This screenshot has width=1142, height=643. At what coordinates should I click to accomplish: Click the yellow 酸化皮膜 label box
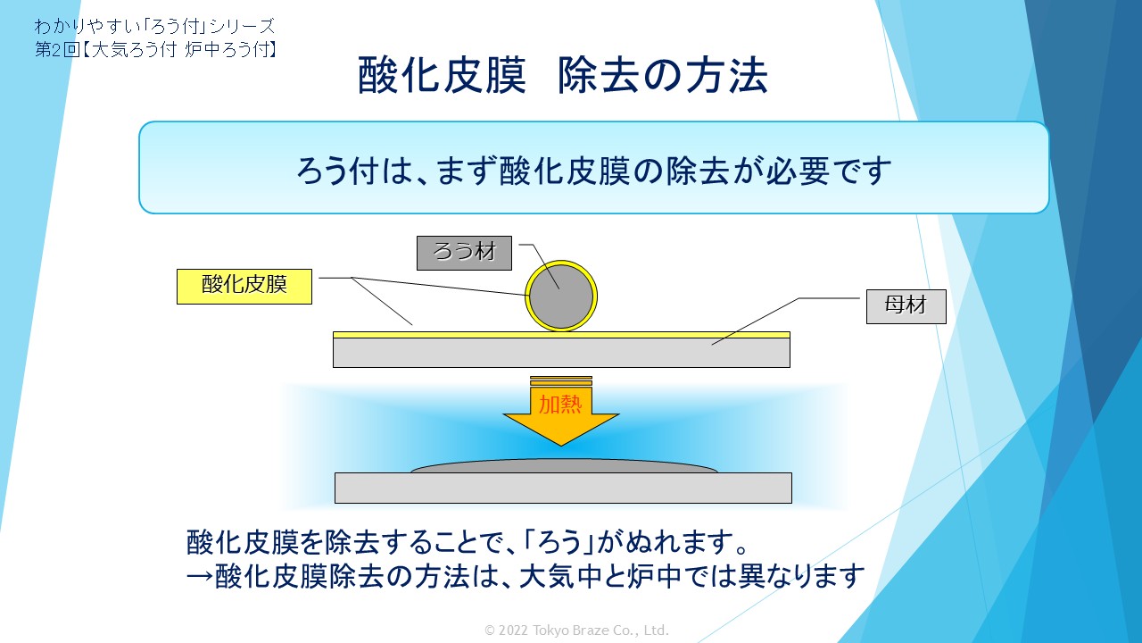[x=244, y=287]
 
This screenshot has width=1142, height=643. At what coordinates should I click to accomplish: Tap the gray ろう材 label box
[x=464, y=253]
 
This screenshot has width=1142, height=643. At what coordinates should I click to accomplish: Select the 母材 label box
[x=906, y=306]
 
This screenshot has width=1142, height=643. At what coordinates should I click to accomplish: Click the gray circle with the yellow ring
[x=561, y=296]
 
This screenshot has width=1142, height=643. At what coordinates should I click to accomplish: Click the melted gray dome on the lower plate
[x=565, y=466]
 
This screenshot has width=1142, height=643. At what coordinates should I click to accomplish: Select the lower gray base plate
[x=563, y=488]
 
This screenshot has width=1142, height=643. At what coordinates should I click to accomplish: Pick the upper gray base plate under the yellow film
[x=561, y=353]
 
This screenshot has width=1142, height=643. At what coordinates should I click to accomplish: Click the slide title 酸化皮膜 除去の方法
[x=563, y=76]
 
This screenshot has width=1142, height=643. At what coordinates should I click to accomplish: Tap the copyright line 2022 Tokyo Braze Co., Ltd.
[x=576, y=630]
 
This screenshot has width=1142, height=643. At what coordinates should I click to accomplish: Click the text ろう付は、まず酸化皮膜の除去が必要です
[x=594, y=171]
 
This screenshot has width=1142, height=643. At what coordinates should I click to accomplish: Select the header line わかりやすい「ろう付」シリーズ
[x=154, y=26]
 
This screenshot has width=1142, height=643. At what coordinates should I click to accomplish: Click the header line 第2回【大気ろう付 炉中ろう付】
[x=155, y=49]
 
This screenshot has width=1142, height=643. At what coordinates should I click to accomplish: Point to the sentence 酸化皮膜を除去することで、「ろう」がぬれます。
[x=468, y=542]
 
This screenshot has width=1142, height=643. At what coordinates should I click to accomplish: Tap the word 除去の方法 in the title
[x=663, y=76]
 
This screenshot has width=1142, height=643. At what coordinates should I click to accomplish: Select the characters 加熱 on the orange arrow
[x=561, y=405]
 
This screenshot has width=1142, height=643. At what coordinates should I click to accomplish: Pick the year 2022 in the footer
[x=513, y=630]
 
